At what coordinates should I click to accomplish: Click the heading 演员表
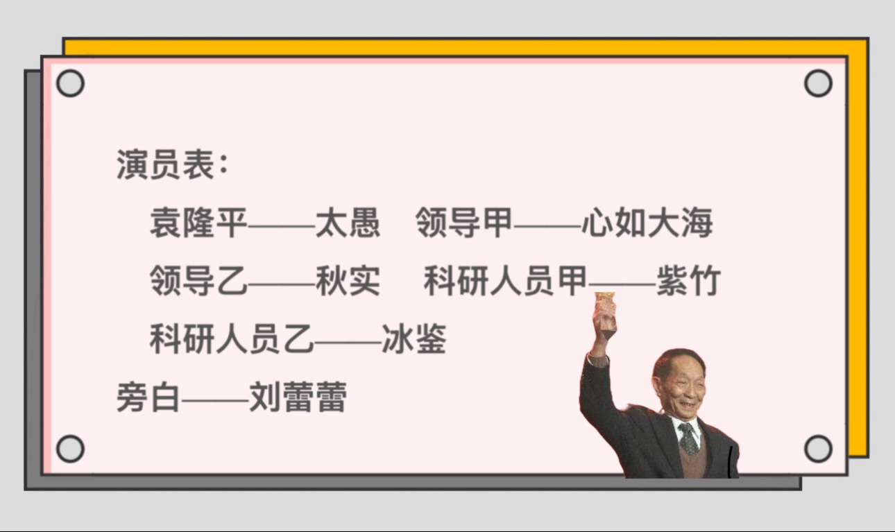coord(167,165)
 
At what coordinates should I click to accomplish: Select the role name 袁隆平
coord(199,223)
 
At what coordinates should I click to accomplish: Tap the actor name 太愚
coord(348,223)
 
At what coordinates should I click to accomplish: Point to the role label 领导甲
coord(464,223)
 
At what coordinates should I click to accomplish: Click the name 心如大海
coord(647,223)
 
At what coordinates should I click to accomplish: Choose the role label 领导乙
coord(199,280)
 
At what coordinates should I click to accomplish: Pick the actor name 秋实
coord(348,280)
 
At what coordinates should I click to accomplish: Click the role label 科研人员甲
coord(506,280)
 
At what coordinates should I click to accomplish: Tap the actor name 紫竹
coord(689,280)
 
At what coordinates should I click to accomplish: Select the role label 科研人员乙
coord(232,339)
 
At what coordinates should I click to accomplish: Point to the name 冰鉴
coord(414,339)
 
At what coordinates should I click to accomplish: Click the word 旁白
coord(148,397)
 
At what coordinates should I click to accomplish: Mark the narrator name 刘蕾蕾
coord(298,397)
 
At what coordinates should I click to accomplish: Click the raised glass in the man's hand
coord(605,316)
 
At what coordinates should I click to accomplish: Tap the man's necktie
coord(688,439)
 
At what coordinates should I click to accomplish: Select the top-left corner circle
coord(70,83)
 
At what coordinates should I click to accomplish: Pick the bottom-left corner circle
coord(70,449)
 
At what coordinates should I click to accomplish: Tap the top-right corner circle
coord(818,83)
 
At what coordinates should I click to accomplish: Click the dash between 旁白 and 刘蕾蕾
coord(215,400)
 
